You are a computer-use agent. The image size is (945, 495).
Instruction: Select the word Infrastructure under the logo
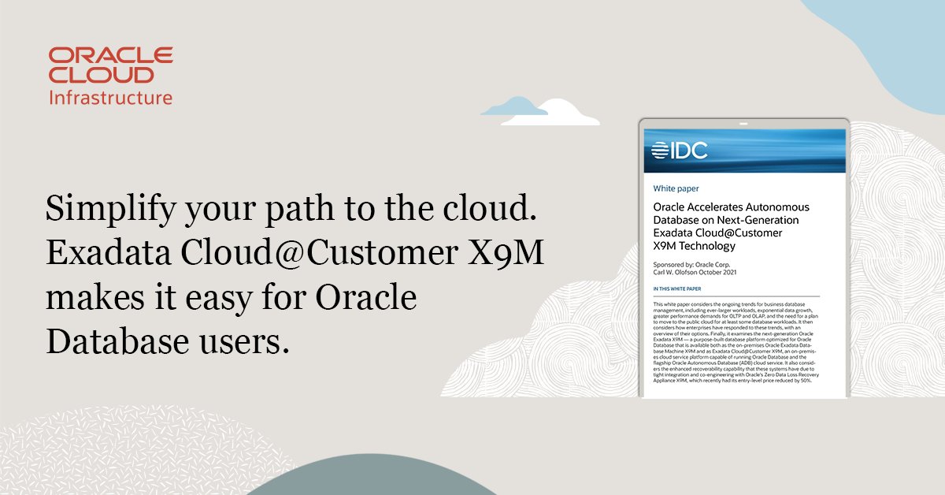coord(110,98)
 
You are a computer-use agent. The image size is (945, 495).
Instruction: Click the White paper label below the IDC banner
coord(676,189)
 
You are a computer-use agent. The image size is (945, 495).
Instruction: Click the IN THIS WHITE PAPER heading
coord(677,290)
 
